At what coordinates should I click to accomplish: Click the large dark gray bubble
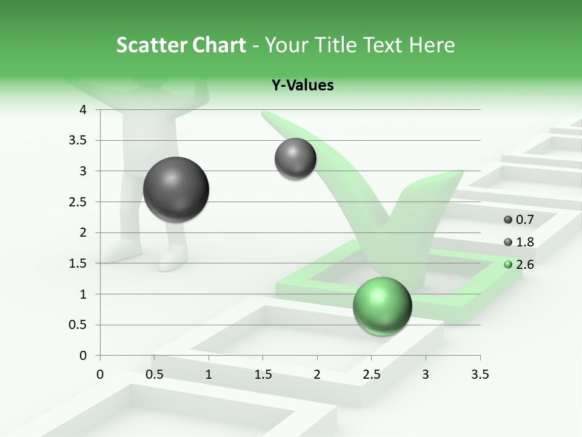pos(176,189)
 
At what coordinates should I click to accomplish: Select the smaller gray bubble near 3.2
pos(295,159)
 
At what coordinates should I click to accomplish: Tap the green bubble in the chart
pos(382,306)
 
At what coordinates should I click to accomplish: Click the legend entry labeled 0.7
pos(519,220)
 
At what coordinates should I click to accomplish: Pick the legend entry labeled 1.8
pos(519,242)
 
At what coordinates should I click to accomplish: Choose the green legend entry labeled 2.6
pos(519,265)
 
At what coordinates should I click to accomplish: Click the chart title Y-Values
pos(303,86)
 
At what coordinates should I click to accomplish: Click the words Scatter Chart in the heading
pos(181,45)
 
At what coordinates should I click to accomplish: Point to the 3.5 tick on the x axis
pos(480,374)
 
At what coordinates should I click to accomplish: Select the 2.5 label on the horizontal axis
pos(371,374)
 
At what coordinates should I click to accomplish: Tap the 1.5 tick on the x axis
pos(263,374)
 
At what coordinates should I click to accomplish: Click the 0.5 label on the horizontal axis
pos(154,374)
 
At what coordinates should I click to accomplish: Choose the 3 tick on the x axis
pos(426,374)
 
